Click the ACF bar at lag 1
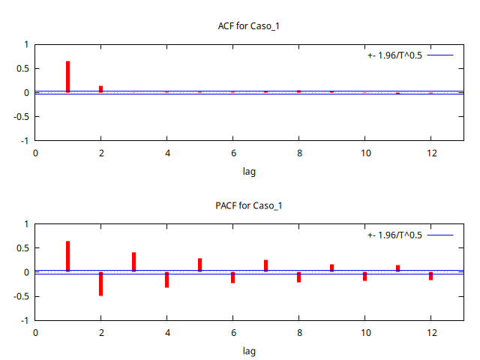pos(68,76)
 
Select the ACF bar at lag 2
pos(101,89)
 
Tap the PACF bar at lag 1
pos(68,256)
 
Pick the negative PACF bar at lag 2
pos(101,283)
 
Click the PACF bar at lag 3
pos(134,262)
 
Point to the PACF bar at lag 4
pos(167,280)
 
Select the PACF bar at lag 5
pos(200,265)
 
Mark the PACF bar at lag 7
pos(266,265)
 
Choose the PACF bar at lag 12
pos(431,276)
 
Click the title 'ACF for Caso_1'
pos(249,26)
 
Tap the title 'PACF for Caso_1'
pos(249,205)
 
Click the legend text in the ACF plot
pos(395,55)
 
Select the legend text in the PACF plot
pos(395,235)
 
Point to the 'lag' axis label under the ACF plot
pos(249,171)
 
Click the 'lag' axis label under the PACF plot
pos(249,350)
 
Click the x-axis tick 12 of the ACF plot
pos(431,153)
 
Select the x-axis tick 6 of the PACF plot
pos(233,332)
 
